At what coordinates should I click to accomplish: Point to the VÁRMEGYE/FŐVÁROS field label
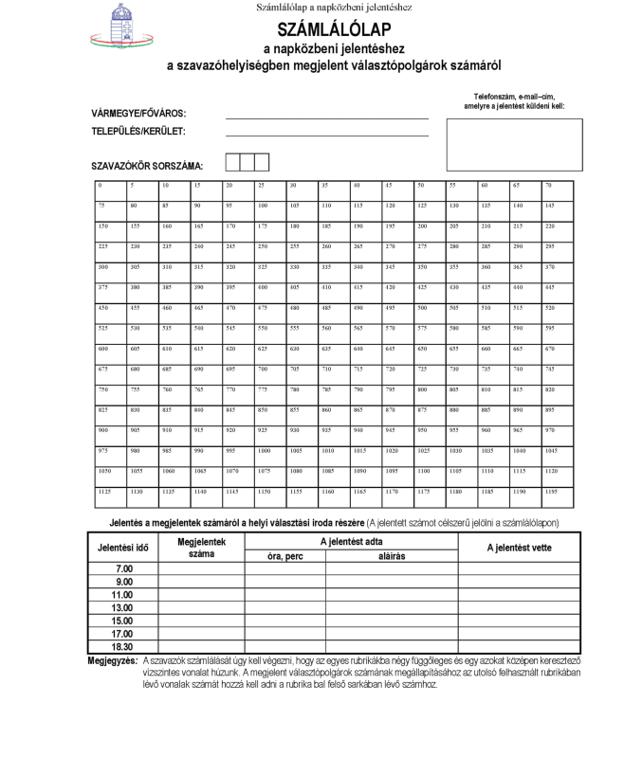pos(138,113)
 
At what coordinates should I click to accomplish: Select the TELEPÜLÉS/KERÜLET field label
pos(138,132)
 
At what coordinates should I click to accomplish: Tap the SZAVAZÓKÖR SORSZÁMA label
pos(147,166)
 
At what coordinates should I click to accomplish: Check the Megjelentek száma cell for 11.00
pos(196,595)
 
